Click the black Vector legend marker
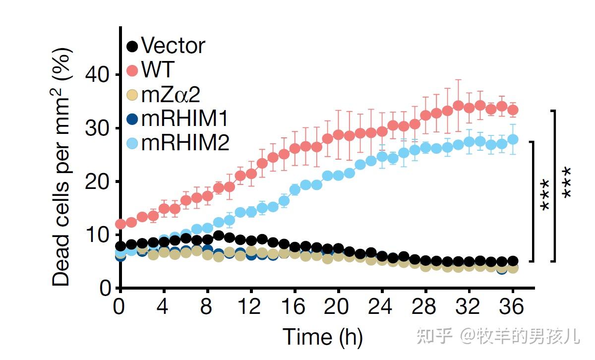click(x=132, y=47)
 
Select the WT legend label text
click(x=158, y=70)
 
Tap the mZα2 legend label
click(x=172, y=94)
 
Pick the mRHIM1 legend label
click(x=185, y=119)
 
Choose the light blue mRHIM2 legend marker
click(x=132, y=143)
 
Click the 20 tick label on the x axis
click(x=339, y=308)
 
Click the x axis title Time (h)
click(x=323, y=338)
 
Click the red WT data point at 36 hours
click(x=513, y=110)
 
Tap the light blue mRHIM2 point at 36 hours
click(x=513, y=139)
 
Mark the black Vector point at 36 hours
click(x=513, y=261)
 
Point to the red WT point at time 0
click(x=120, y=224)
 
